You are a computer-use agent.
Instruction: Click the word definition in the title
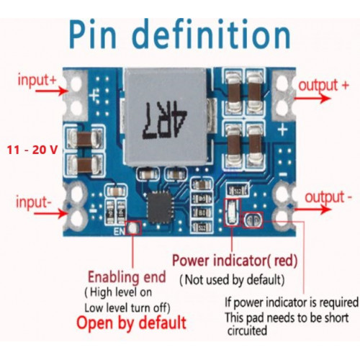point(212,34)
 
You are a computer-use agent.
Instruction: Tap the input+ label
point(37,79)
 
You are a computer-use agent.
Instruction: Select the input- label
point(34,202)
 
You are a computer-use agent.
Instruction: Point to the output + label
point(323,86)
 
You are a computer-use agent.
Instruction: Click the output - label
point(328,197)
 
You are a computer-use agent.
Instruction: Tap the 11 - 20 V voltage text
point(32,150)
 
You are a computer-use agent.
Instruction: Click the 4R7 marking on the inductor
point(165,120)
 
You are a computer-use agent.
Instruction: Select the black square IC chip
point(160,207)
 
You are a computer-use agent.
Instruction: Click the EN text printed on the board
point(120,231)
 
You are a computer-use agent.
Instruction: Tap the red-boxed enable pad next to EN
point(132,228)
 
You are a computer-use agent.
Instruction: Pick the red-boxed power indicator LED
point(232,212)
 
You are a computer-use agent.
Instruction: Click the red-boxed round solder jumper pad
point(253,220)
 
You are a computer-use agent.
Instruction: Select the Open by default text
point(131,323)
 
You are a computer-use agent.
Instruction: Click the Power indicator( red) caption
point(235,261)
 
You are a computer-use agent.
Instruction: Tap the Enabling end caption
point(127,277)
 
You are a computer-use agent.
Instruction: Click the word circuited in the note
point(247,330)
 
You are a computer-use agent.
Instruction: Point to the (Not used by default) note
point(232,280)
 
